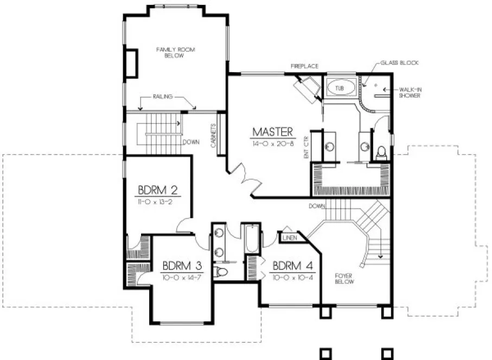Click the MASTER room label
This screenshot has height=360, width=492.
pos(273,132)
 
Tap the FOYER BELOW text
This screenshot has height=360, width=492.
pos(344,279)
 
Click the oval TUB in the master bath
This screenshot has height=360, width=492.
pos(340,87)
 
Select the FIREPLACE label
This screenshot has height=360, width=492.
pos(304,66)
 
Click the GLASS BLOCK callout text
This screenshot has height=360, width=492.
pos(402,63)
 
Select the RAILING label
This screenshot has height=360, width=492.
pos(163,97)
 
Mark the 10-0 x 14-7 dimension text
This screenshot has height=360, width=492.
pos(183,277)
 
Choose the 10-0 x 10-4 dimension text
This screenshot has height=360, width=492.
pos(293,277)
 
